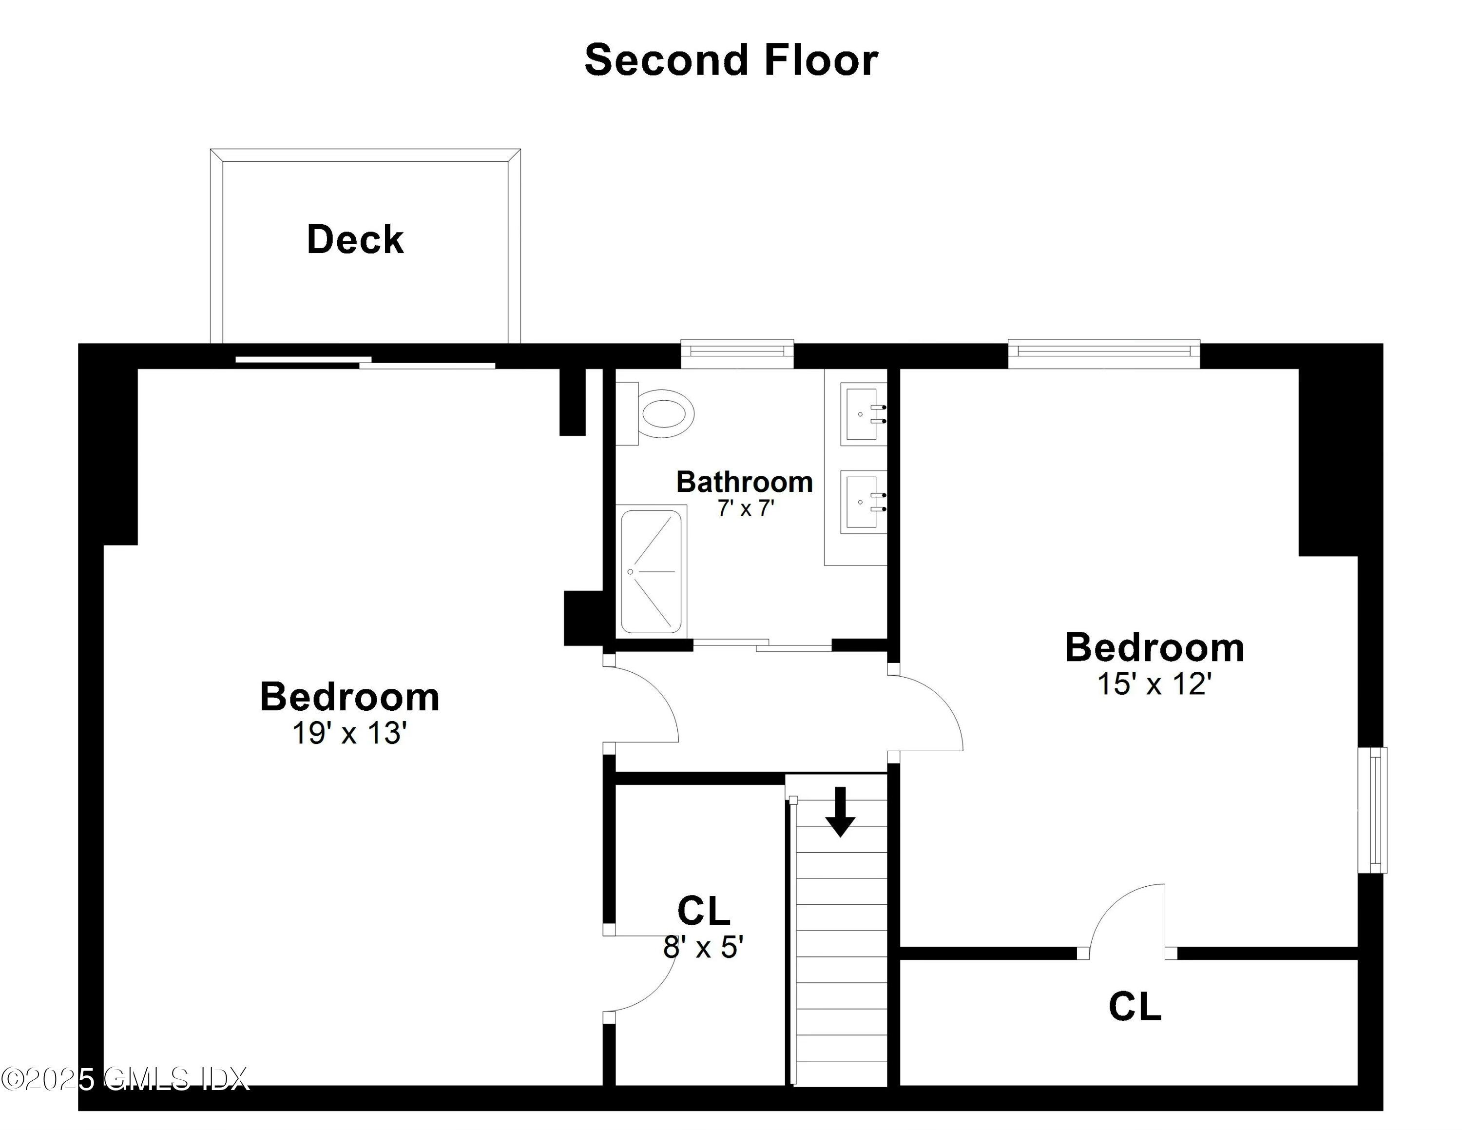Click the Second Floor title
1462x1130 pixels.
(731, 60)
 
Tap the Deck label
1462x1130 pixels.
(355, 240)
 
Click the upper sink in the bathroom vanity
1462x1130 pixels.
(862, 414)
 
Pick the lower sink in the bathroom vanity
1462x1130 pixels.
(862, 502)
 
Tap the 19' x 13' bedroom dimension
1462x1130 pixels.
(349, 734)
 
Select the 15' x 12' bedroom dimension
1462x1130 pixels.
(1154, 684)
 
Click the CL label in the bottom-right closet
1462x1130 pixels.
(1135, 1007)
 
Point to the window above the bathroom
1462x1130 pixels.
(737, 353)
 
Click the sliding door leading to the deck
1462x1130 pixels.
(365, 362)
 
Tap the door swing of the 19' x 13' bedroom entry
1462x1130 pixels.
(643, 703)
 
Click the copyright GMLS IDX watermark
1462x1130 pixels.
(124, 1079)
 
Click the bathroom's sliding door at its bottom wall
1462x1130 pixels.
(762, 644)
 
